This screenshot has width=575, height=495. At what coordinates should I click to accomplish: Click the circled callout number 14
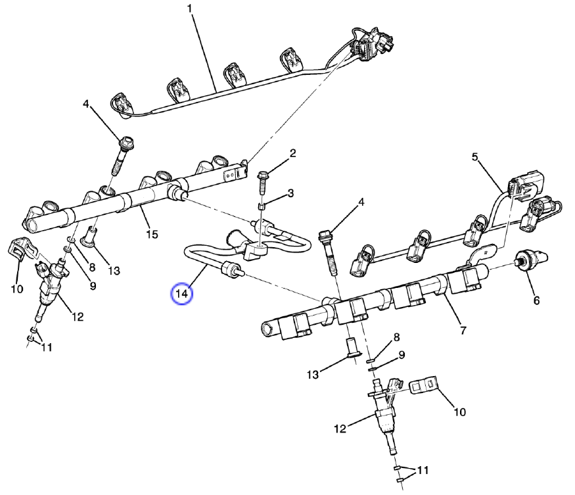click(x=182, y=294)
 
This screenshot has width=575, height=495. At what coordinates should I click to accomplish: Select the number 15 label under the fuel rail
click(x=152, y=235)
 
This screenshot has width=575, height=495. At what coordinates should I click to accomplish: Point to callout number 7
click(x=463, y=330)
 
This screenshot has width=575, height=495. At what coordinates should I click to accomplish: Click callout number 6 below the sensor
click(x=536, y=300)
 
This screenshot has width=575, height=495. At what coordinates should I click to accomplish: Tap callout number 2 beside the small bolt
click(x=293, y=153)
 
